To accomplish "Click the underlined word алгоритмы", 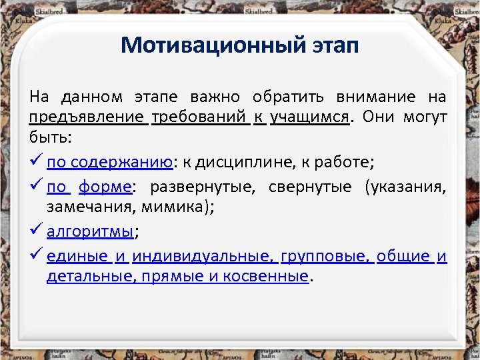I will coord(90,232).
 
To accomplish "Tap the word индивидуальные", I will coord(203,257).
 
